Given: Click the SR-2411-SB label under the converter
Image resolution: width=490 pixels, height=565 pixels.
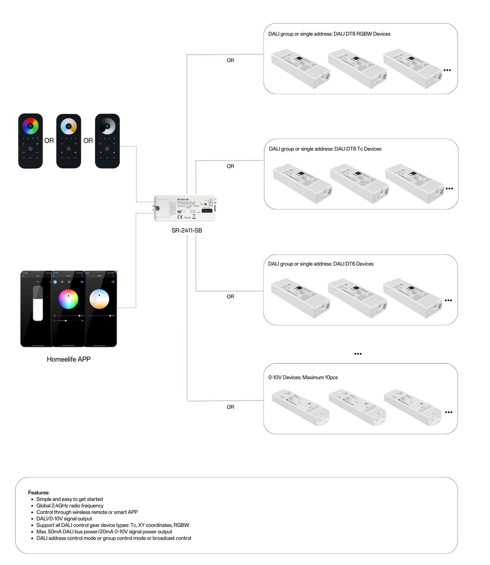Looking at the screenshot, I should [187, 231].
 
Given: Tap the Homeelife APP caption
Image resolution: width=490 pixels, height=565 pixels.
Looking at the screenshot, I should [69, 359].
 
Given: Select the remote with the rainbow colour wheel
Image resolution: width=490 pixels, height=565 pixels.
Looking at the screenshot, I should [31, 141].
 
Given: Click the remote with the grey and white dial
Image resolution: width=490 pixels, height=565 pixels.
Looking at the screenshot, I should [107, 141].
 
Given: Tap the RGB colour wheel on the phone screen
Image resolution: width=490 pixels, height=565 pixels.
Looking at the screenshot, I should [68, 299].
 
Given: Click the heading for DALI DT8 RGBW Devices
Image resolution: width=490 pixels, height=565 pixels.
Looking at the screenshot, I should [329, 34].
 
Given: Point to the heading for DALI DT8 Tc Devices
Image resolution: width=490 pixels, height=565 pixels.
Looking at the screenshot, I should [325, 149].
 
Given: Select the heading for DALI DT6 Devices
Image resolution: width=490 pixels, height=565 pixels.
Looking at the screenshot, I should [320, 264].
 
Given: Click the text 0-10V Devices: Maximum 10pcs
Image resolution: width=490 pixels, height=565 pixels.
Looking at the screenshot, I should [303, 377].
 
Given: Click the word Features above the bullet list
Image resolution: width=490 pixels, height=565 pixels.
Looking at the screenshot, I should [38, 493].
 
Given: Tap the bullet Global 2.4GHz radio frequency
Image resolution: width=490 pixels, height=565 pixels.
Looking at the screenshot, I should [70, 506].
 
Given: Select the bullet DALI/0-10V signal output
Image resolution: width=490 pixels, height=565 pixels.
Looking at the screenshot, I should [64, 519].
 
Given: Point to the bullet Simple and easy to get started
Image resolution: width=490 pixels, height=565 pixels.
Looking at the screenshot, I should [69, 499].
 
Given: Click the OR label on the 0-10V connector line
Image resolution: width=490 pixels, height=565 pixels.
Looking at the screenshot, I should [230, 407].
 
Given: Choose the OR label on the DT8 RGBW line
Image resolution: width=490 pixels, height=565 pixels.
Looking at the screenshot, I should [230, 60].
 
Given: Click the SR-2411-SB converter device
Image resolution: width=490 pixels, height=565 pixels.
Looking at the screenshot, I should [185, 208].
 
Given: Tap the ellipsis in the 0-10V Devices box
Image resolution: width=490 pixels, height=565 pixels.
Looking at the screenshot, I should [449, 412].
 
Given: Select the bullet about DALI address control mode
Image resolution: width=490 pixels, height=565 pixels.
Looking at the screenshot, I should [113, 538].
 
